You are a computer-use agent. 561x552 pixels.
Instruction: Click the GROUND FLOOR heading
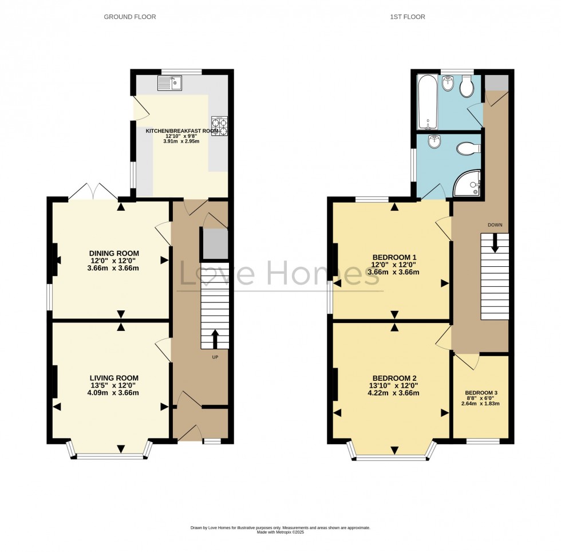click(x=129, y=17)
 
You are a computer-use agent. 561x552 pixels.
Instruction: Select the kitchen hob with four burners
click(x=219, y=126)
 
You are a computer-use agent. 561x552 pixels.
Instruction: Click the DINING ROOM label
click(x=114, y=254)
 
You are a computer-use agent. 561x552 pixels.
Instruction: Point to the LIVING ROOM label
click(x=114, y=378)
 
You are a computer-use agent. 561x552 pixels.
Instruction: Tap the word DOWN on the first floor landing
click(x=495, y=225)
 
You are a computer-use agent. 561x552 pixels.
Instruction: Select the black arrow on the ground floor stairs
click(x=215, y=339)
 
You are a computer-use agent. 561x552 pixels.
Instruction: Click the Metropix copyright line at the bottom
click(x=280, y=533)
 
